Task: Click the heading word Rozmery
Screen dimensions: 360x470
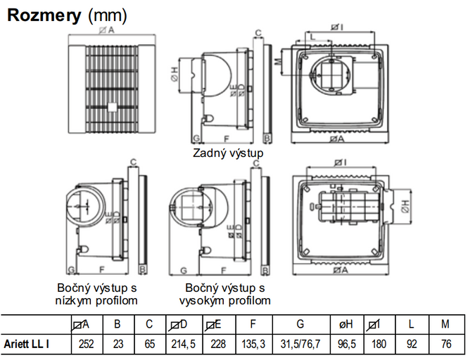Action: pyautogui.click(x=44, y=15)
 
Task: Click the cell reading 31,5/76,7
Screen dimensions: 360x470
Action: pyautogui.click(x=300, y=345)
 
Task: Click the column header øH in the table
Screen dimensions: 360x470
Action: pyautogui.click(x=347, y=324)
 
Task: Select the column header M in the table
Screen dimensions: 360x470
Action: pyautogui.click(x=445, y=324)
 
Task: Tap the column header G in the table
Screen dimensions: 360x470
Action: pyautogui.click(x=300, y=324)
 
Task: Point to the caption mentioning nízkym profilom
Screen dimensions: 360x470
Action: pyautogui.click(x=96, y=295)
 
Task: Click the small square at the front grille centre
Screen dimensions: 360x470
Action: pyautogui.click(x=112, y=108)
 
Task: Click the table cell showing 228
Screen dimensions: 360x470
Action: pyautogui.click(x=216, y=345)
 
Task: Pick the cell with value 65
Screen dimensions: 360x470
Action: pyautogui.click(x=148, y=345)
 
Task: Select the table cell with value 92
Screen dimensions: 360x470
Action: pyautogui.click(x=412, y=345)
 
